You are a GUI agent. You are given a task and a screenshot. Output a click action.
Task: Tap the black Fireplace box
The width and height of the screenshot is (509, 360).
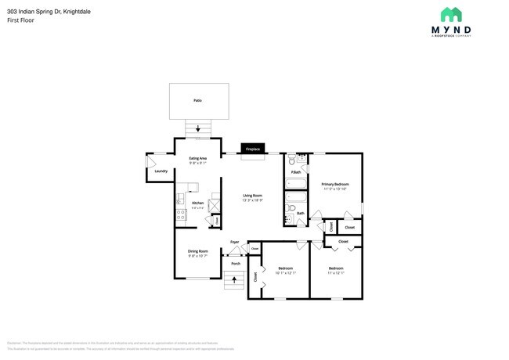click(252, 149)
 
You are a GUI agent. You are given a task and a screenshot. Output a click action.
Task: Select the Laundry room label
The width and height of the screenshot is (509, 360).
click(161, 171)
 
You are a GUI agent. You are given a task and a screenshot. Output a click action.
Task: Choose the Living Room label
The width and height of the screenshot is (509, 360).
click(251, 196)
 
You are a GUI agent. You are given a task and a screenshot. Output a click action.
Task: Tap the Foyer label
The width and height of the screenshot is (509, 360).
click(235, 242)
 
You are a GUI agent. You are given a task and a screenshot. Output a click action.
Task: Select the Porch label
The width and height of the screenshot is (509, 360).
click(235, 264)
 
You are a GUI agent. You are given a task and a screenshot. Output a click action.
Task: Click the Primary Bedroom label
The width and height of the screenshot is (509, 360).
click(335, 184)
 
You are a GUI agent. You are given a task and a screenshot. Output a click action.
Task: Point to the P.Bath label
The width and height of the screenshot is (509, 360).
click(295, 172)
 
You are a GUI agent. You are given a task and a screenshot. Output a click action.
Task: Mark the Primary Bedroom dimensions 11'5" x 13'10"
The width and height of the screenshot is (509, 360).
click(335, 189)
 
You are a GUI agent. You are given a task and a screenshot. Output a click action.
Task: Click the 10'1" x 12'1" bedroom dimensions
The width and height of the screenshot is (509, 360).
click(286, 273)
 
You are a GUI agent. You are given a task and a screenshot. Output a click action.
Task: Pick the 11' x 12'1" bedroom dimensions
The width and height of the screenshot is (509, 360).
click(335, 273)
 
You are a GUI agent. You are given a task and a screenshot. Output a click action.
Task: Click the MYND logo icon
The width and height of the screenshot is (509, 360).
click(450, 15)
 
